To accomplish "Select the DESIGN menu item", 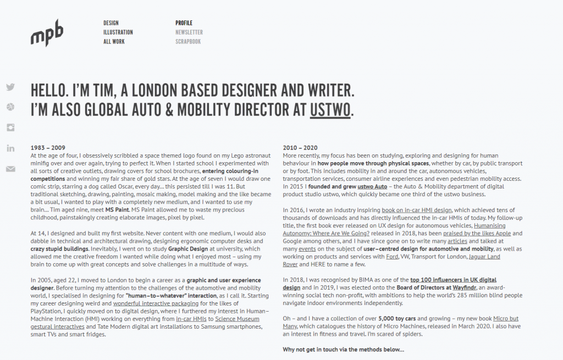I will click(111, 23).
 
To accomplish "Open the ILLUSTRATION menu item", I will click(118, 32).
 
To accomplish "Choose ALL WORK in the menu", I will click(114, 42).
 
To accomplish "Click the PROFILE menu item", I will click(184, 23).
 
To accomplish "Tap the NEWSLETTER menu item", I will click(189, 32).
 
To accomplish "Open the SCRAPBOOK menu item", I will click(188, 42).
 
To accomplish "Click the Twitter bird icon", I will click(10, 87).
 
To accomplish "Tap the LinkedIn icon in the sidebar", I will click(10, 148).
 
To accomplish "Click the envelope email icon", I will click(10, 169).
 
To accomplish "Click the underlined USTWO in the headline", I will click(330, 109).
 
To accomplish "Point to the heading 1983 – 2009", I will click(48, 148).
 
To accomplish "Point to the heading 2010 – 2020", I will click(300, 148).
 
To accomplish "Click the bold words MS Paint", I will click(117, 209).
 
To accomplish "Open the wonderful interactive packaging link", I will click(156, 303).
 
